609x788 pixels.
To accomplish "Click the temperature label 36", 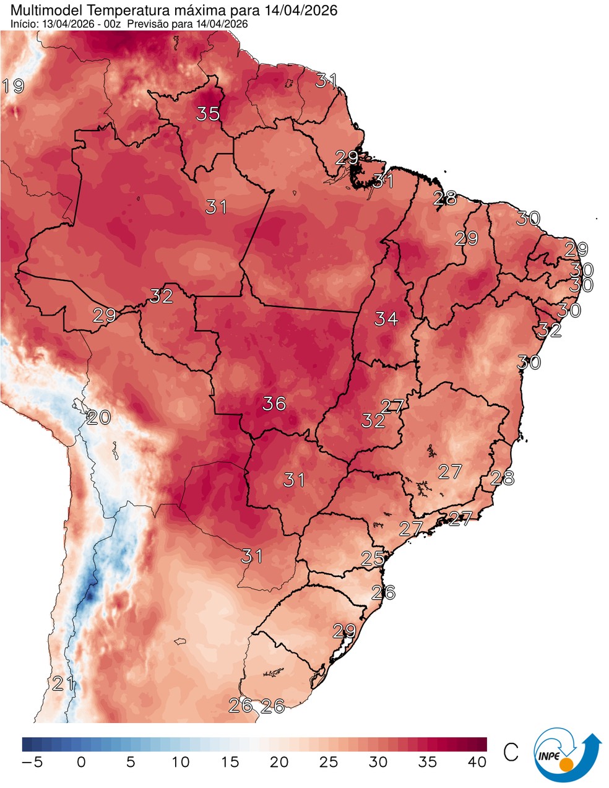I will click(274, 404).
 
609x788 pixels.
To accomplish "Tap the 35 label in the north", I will click(209, 114).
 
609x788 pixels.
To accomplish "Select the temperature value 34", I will click(386, 319).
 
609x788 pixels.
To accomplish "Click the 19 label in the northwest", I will click(13, 86).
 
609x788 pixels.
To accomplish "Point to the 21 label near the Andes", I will click(63, 684).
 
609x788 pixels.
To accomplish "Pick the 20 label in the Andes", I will click(98, 418).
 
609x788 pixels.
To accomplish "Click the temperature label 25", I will click(373, 559).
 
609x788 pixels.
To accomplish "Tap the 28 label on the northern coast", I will click(445, 199).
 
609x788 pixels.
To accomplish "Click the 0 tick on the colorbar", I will click(81, 762).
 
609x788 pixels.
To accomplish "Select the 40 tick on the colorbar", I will click(477, 762).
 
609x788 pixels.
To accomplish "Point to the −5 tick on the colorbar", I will click(32, 762).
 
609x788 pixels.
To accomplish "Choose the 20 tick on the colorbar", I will click(279, 762).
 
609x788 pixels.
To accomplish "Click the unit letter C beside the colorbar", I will click(511, 753).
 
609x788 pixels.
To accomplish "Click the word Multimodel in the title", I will click(39, 10).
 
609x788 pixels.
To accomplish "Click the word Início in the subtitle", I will click(24, 24).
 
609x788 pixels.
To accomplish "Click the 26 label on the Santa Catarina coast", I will click(384, 592).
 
